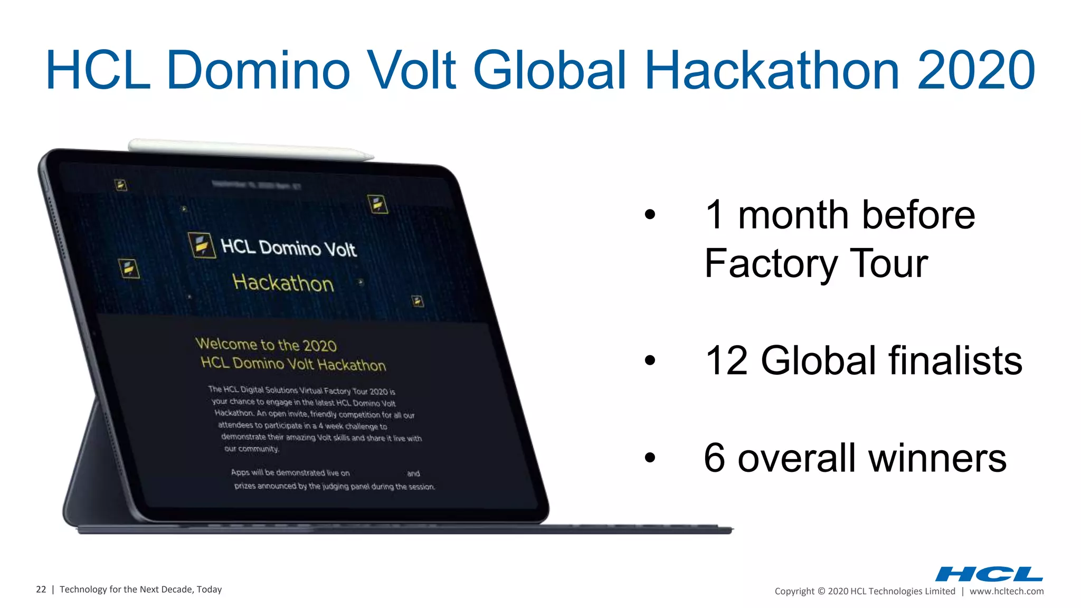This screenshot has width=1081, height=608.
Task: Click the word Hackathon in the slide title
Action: point(772,70)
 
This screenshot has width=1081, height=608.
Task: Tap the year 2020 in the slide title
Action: point(976,70)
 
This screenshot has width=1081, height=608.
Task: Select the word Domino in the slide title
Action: point(258,70)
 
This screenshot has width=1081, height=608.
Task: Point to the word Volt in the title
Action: point(411,70)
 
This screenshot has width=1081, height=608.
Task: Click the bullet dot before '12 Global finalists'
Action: point(650,361)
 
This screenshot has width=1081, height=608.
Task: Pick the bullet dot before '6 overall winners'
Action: point(650,458)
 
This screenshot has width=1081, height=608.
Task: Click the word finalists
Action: point(955,361)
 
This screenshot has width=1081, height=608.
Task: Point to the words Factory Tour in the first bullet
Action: point(816,264)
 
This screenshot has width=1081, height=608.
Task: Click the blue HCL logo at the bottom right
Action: point(989,574)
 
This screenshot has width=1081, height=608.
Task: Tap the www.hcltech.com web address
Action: point(1007,591)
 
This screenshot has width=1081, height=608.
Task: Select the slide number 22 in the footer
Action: point(41,590)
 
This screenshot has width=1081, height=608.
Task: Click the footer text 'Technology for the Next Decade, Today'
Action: point(140,590)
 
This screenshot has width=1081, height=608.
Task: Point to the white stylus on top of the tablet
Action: point(251,148)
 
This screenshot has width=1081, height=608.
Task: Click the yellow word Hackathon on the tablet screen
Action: point(283,283)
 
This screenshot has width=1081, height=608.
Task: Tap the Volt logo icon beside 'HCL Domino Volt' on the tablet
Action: point(202,245)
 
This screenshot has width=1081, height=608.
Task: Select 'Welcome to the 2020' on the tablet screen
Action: point(266,345)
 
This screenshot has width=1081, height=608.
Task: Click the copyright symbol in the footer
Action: point(821,591)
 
